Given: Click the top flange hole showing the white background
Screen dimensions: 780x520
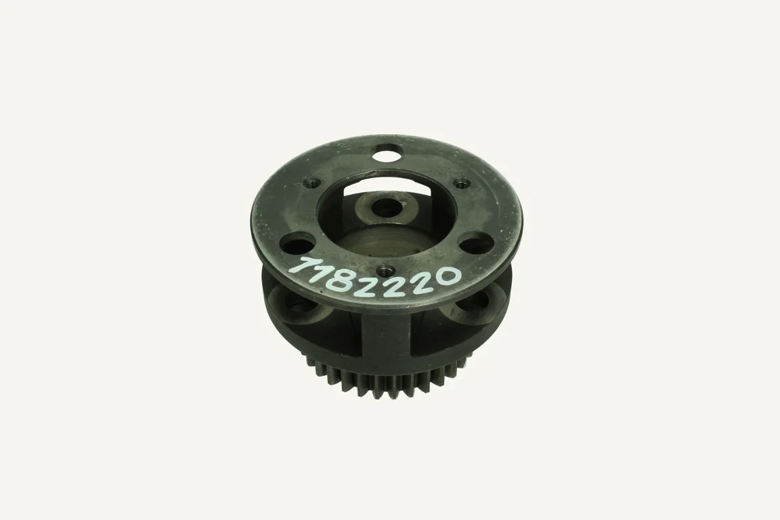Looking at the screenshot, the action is pyautogui.click(x=388, y=151).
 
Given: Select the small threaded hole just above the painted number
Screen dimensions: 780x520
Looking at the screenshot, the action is pyautogui.click(x=385, y=270).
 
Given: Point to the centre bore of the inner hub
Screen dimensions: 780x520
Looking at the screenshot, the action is pyautogui.click(x=387, y=206).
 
